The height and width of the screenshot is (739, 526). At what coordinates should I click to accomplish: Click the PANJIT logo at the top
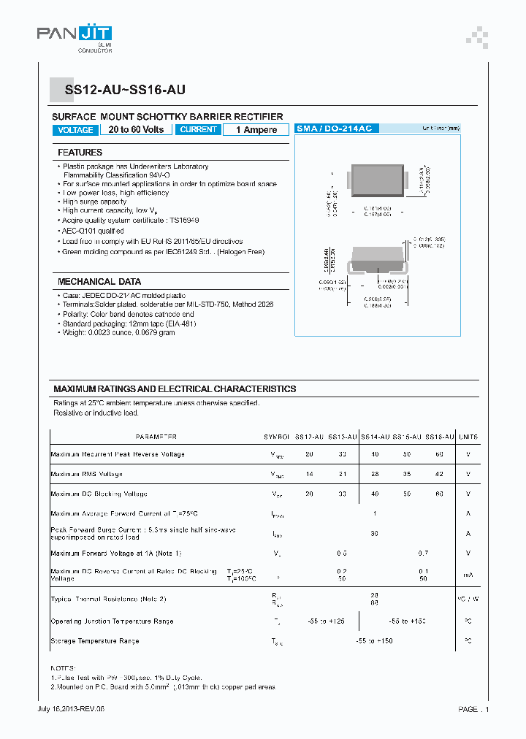click(x=75, y=34)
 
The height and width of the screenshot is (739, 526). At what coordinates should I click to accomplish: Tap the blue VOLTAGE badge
click(x=75, y=130)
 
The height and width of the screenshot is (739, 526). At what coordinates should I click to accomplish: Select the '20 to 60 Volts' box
click(x=136, y=130)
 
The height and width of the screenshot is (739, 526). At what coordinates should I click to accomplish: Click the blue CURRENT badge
click(x=198, y=130)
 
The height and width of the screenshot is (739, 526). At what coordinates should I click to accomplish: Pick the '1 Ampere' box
click(x=256, y=130)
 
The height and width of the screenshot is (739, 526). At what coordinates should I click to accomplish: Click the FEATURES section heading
click(x=80, y=153)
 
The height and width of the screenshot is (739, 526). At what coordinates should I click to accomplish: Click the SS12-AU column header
click(x=309, y=437)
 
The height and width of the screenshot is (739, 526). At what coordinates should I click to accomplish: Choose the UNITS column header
click(x=468, y=437)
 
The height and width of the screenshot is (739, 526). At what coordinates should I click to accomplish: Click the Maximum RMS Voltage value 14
click(x=309, y=474)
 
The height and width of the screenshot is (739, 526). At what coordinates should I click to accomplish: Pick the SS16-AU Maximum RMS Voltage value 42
click(x=439, y=474)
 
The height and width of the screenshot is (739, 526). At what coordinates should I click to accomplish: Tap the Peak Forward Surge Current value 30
click(x=374, y=533)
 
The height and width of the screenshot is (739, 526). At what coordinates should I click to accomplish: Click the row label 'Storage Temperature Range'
click(x=95, y=641)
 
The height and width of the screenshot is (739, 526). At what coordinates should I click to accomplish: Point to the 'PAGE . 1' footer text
click(x=473, y=709)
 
